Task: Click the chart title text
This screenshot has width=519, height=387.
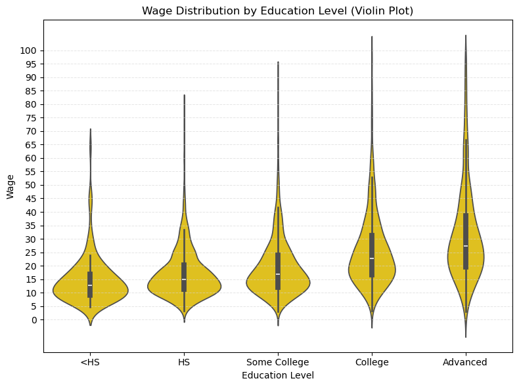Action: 277,10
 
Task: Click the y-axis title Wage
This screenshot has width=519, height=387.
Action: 11,186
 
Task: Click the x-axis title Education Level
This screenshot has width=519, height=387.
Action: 277,375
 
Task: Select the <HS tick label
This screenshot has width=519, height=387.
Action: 91,362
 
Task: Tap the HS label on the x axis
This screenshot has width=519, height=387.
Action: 184,362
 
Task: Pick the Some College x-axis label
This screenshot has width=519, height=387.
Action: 278,362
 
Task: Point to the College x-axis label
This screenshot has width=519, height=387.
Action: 372,362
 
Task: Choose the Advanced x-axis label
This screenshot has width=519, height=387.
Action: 465,362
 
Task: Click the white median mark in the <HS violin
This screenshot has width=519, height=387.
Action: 90,285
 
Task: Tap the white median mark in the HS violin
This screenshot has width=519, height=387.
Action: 184,279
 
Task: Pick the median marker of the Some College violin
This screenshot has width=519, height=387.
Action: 278,274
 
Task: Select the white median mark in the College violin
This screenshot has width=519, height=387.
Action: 372,258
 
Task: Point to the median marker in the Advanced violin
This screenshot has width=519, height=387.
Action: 466,246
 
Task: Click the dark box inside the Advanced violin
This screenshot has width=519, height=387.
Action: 466,230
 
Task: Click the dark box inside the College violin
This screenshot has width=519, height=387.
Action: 372,246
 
